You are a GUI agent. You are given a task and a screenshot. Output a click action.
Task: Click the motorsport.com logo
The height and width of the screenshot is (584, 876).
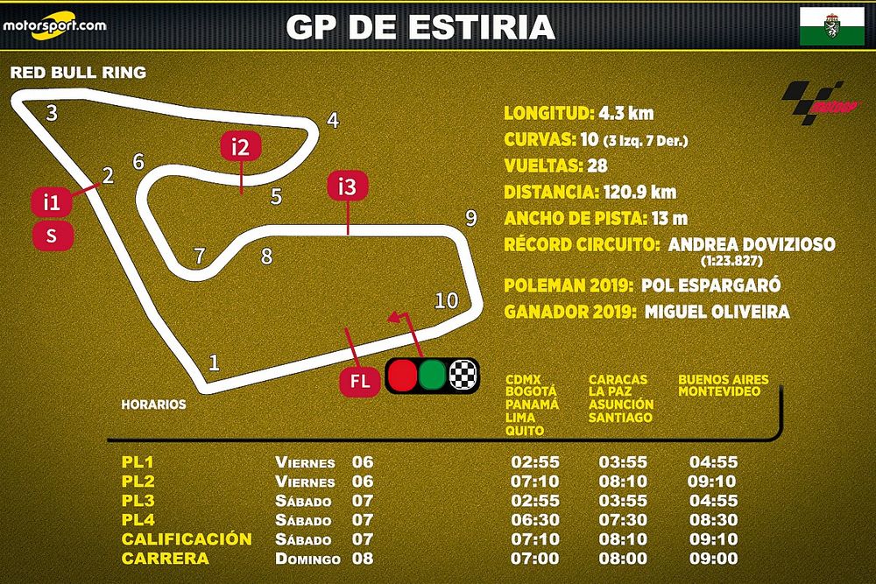pyautogui.click(x=53, y=24)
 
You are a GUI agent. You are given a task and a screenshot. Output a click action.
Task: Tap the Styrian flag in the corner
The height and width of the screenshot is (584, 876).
pyautogui.click(x=825, y=26)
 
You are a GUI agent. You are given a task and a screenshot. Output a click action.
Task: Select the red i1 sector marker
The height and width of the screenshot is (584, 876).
pyautogui.click(x=52, y=202)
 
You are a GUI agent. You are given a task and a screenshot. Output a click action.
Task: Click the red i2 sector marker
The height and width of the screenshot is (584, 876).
pyautogui.click(x=241, y=147)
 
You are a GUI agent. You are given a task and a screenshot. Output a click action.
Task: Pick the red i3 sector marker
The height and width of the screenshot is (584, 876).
pyautogui.click(x=348, y=186)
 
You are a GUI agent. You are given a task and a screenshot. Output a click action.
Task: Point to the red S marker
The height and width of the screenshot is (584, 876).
pyautogui.click(x=52, y=236)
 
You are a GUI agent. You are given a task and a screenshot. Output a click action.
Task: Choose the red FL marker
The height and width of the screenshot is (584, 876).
pyautogui.click(x=360, y=382)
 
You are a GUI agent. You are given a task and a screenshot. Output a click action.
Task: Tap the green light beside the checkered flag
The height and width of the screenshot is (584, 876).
pyautogui.click(x=432, y=375)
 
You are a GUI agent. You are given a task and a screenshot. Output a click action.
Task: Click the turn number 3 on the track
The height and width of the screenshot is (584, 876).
pyautogui.click(x=52, y=113)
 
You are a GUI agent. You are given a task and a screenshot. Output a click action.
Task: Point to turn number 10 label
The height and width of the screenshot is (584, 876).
pyautogui.click(x=447, y=300)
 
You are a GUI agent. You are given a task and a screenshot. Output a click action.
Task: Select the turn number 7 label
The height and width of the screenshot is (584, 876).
pyautogui.click(x=200, y=257)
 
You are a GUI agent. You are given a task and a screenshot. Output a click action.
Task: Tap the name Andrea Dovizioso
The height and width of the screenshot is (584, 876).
pyautogui.click(x=752, y=244)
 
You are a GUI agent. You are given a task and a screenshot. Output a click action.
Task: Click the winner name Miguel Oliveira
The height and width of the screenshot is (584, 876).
pyautogui.click(x=717, y=312)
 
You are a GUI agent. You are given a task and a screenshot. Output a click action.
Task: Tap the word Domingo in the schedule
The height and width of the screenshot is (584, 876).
pyautogui.click(x=305, y=559)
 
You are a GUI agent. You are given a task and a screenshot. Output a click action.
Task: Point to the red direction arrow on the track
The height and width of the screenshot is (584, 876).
pyautogui.click(x=399, y=318)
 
